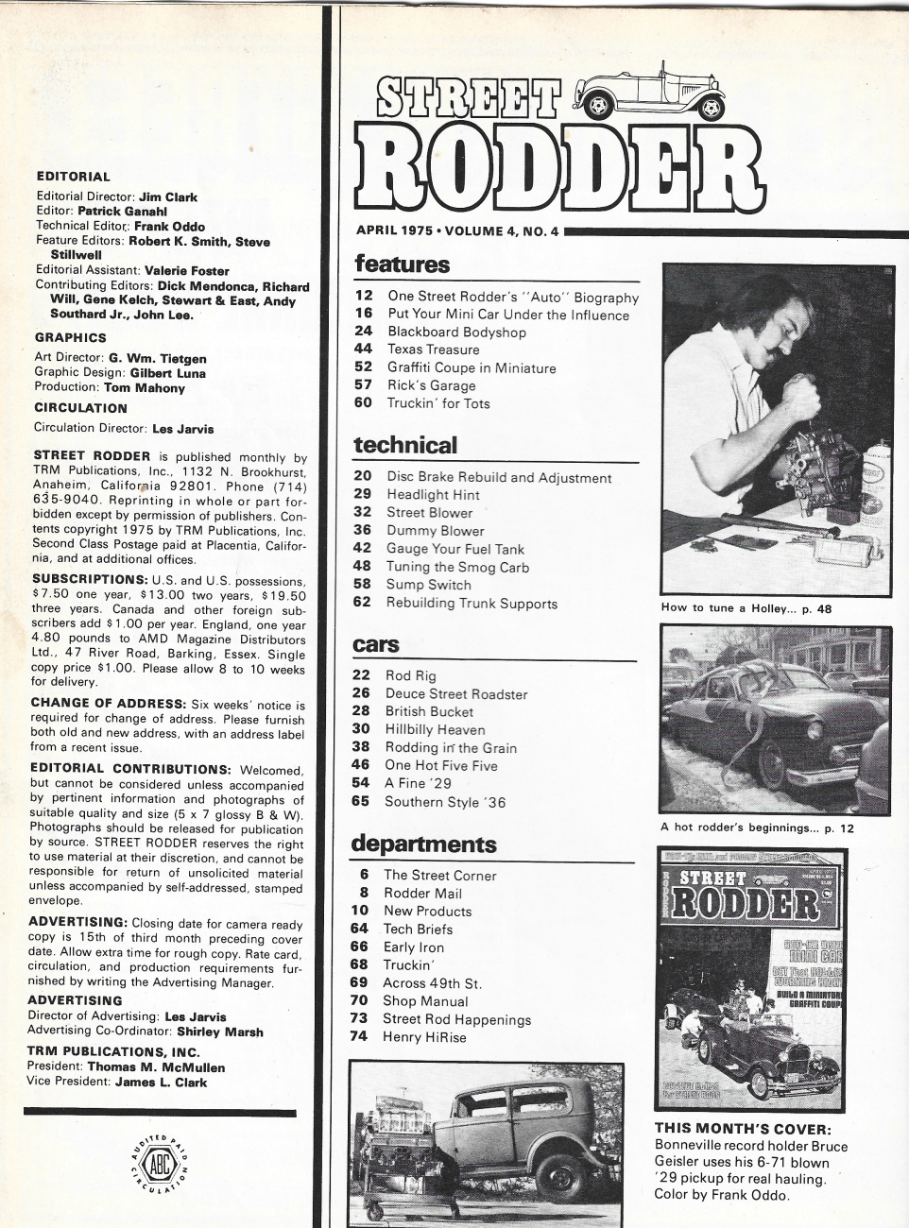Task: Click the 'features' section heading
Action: (402, 264)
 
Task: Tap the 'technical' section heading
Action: (404, 445)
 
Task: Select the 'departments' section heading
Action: (423, 844)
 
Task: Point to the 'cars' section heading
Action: (376, 645)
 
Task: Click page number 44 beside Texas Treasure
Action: (364, 350)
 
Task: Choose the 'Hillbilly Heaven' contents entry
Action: (435, 729)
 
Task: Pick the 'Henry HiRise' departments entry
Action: (424, 1037)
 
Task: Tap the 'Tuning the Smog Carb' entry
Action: (457, 567)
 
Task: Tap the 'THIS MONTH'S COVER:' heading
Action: (743, 1129)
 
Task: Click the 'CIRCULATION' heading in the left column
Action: (80, 408)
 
